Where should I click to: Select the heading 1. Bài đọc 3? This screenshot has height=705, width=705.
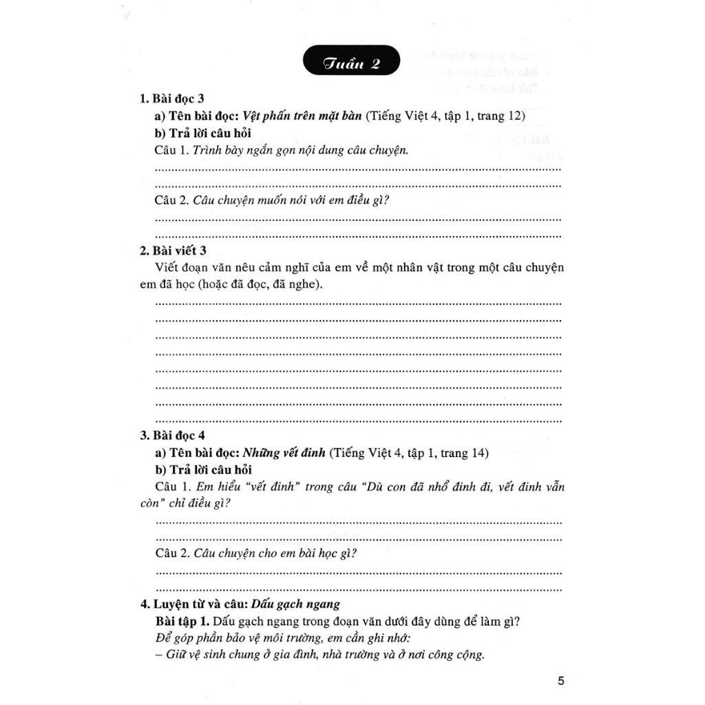(x=172, y=98)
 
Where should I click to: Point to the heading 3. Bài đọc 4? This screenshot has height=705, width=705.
(x=172, y=435)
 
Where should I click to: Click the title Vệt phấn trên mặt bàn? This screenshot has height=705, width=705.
(x=302, y=116)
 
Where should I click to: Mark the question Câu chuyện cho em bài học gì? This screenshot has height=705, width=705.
(x=277, y=553)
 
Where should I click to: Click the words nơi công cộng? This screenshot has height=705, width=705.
(x=449, y=655)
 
